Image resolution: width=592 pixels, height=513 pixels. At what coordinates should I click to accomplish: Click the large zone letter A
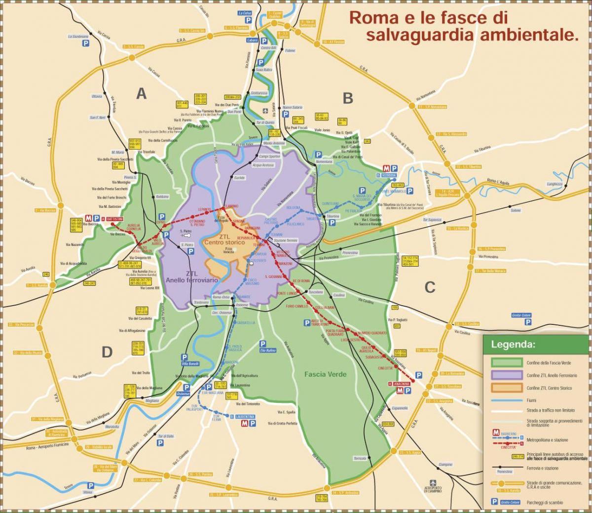[142, 93]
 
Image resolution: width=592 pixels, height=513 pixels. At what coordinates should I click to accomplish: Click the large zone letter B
[348, 98]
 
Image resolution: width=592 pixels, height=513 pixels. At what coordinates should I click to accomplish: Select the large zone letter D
[107, 352]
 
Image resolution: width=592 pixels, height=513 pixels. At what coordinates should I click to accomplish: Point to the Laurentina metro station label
[245, 416]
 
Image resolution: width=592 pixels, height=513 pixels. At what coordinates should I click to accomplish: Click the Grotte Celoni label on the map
[520, 315]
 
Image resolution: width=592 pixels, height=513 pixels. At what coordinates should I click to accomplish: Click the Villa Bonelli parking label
[189, 364]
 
